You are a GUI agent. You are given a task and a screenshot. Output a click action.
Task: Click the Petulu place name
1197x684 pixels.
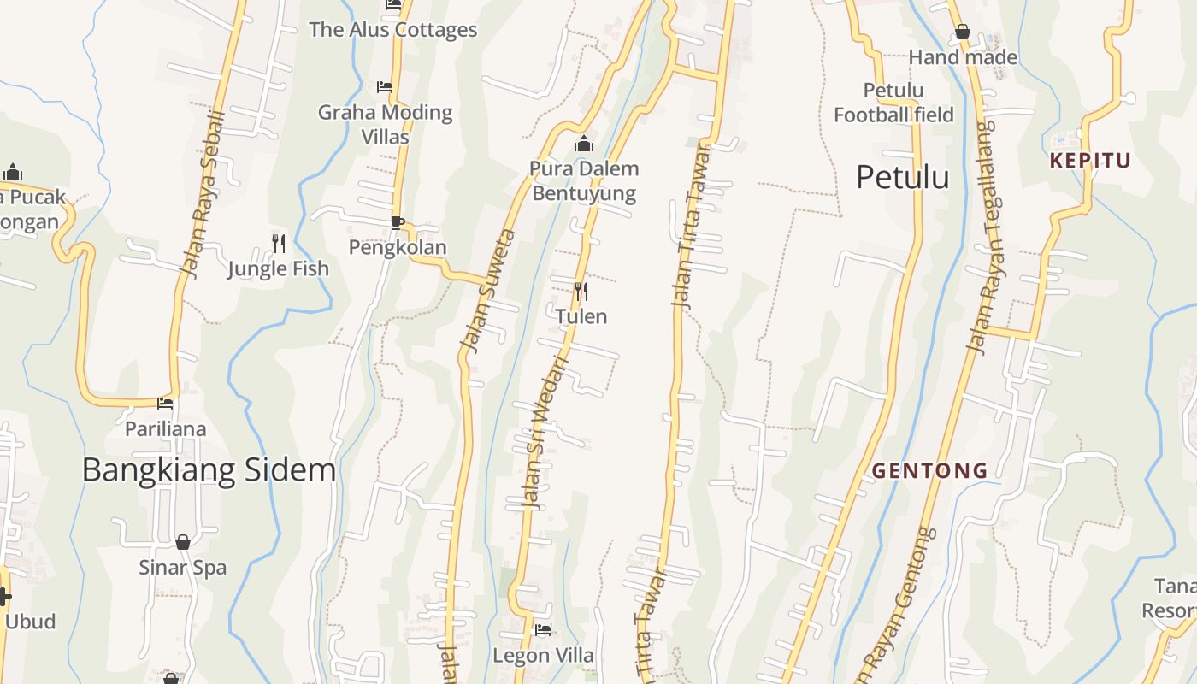click(902, 177)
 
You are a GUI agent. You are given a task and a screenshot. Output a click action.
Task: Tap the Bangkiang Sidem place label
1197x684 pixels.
click(209, 470)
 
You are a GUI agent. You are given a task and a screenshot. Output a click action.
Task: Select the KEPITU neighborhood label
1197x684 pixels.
click(1090, 161)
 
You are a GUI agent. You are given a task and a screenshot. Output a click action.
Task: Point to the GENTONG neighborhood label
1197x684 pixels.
click(929, 470)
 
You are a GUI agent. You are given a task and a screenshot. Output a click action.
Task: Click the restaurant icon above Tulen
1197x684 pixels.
click(581, 292)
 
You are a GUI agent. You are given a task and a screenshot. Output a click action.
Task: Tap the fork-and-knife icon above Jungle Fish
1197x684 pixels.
click(279, 244)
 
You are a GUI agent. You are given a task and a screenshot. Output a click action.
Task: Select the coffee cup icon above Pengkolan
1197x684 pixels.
click(397, 222)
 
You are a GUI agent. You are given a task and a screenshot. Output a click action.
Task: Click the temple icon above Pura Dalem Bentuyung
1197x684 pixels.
click(584, 144)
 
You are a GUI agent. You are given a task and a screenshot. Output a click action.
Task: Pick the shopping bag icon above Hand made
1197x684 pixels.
click(963, 32)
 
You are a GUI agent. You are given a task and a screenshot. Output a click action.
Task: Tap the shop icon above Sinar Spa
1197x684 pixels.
click(182, 542)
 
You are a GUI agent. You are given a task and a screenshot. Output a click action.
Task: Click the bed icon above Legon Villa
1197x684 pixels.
click(543, 631)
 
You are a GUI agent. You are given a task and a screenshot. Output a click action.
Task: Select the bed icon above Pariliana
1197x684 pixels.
click(165, 403)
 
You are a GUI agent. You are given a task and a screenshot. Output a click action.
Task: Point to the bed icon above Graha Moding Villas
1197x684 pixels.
click(385, 87)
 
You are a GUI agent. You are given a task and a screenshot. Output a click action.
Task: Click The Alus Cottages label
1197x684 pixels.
click(392, 30)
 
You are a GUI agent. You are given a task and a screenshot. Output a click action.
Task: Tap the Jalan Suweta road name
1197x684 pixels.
click(488, 291)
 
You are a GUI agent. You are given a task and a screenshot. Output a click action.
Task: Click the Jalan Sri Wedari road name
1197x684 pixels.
click(543, 432)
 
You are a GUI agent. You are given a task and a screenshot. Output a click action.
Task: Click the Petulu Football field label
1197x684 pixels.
click(893, 102)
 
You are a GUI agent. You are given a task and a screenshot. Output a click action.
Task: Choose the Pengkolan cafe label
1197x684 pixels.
click(398, 247)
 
